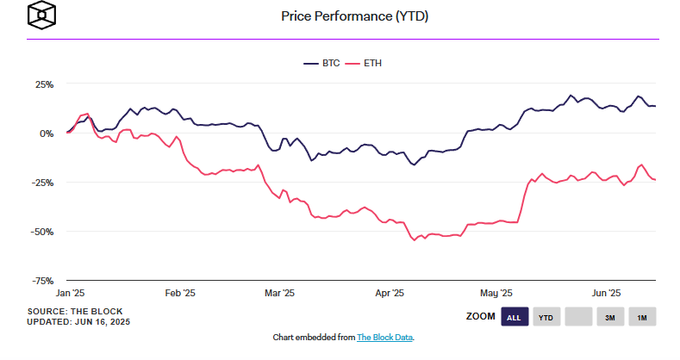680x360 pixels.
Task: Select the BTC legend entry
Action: coord(324,63)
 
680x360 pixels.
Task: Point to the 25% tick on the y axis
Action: coord(44,84)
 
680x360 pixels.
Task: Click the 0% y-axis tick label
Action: coord(47,133)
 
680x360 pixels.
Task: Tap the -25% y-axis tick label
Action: coord(43,183)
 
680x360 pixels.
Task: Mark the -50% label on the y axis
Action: coord(43,232)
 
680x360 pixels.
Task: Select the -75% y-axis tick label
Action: coord(43,281)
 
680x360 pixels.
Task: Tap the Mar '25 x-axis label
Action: coord(279,293)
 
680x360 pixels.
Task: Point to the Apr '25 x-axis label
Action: coord(390,293)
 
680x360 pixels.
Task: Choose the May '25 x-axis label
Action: coord(496,293)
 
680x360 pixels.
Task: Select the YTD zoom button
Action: coord(546,318)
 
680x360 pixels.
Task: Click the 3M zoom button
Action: coord(609,318)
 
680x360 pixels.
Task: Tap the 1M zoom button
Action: coord(642,318)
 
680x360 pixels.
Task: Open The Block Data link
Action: coord(385,337)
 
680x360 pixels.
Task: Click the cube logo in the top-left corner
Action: coord(41,16)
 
